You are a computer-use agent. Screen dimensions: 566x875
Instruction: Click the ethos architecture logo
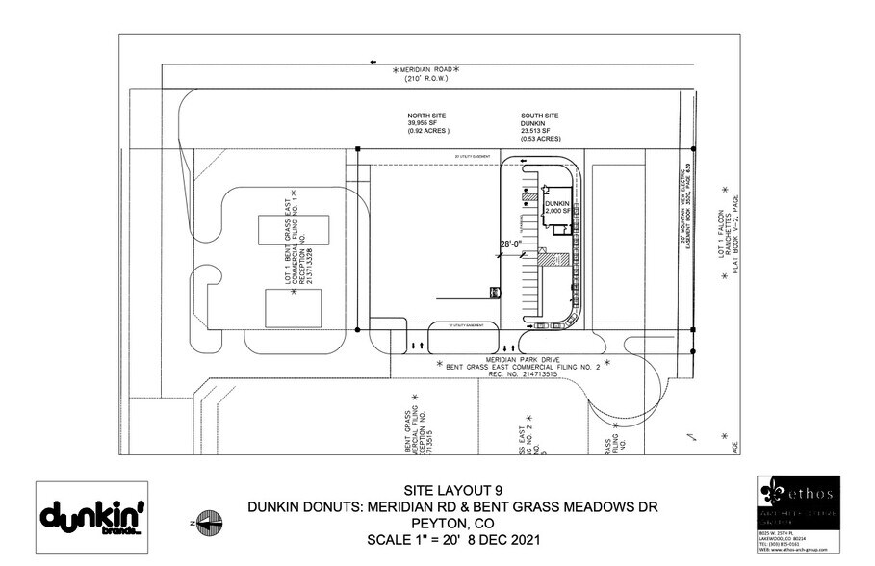798,501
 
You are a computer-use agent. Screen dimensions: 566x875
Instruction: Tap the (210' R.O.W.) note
425,82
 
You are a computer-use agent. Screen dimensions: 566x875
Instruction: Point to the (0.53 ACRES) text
540,139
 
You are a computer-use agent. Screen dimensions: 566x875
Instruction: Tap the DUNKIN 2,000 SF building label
559,207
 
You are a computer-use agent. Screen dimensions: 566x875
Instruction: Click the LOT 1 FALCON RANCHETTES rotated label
731,233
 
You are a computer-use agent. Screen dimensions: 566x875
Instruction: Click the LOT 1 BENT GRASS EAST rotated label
294,244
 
